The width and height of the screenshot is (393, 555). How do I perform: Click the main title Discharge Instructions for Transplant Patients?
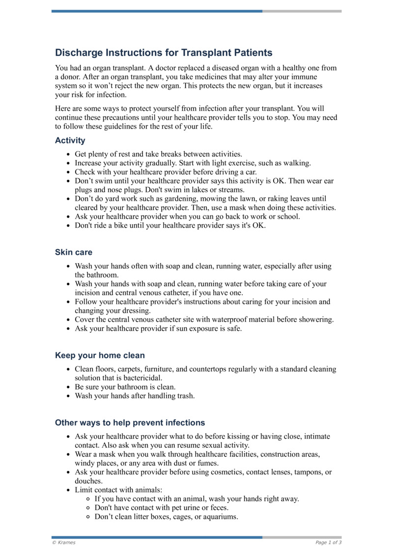tap(164, 53)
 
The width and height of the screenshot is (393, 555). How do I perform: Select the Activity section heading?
tap(70, 140)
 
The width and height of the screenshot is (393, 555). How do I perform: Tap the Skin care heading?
tap(73, 252)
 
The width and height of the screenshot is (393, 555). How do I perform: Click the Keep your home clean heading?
tap(100, 355)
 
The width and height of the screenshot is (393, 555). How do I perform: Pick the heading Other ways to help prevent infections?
tap(130, 423)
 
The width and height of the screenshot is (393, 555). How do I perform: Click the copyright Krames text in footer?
tap(64, 542)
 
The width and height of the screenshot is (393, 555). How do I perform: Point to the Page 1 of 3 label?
tap(328, 542)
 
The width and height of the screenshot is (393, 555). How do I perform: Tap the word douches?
tap(87, 481)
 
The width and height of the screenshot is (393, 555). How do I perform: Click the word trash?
tap(185, 396)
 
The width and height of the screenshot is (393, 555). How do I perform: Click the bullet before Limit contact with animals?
tap(68, 490)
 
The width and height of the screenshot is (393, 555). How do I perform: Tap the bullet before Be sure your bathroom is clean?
tap(68, 387)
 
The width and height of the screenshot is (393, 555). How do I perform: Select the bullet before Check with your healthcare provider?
tap(68, 172)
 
